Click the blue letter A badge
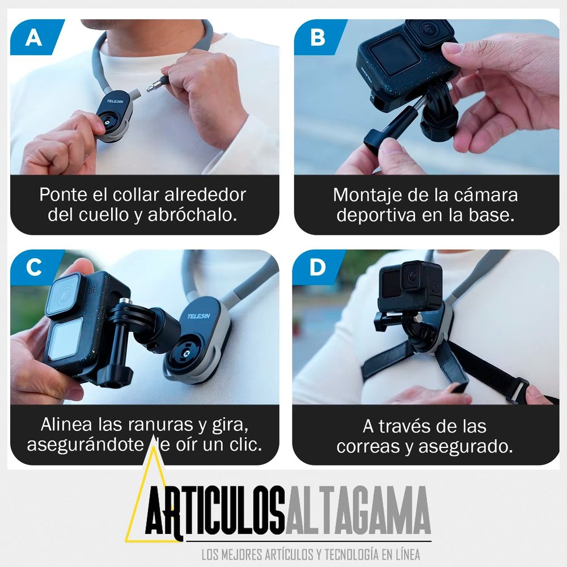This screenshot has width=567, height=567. click(x=36, y=37)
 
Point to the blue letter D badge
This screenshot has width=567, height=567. click(x=318, y=268)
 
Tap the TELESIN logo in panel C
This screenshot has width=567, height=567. click(x=199, y=316)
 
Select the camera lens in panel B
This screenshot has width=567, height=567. click(x=429, y=29)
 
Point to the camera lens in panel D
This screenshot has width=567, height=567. click(x=413, y=276)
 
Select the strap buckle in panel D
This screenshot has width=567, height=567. click(x=518, y=391)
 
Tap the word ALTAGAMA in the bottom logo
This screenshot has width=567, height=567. click(x=358, y=511)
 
